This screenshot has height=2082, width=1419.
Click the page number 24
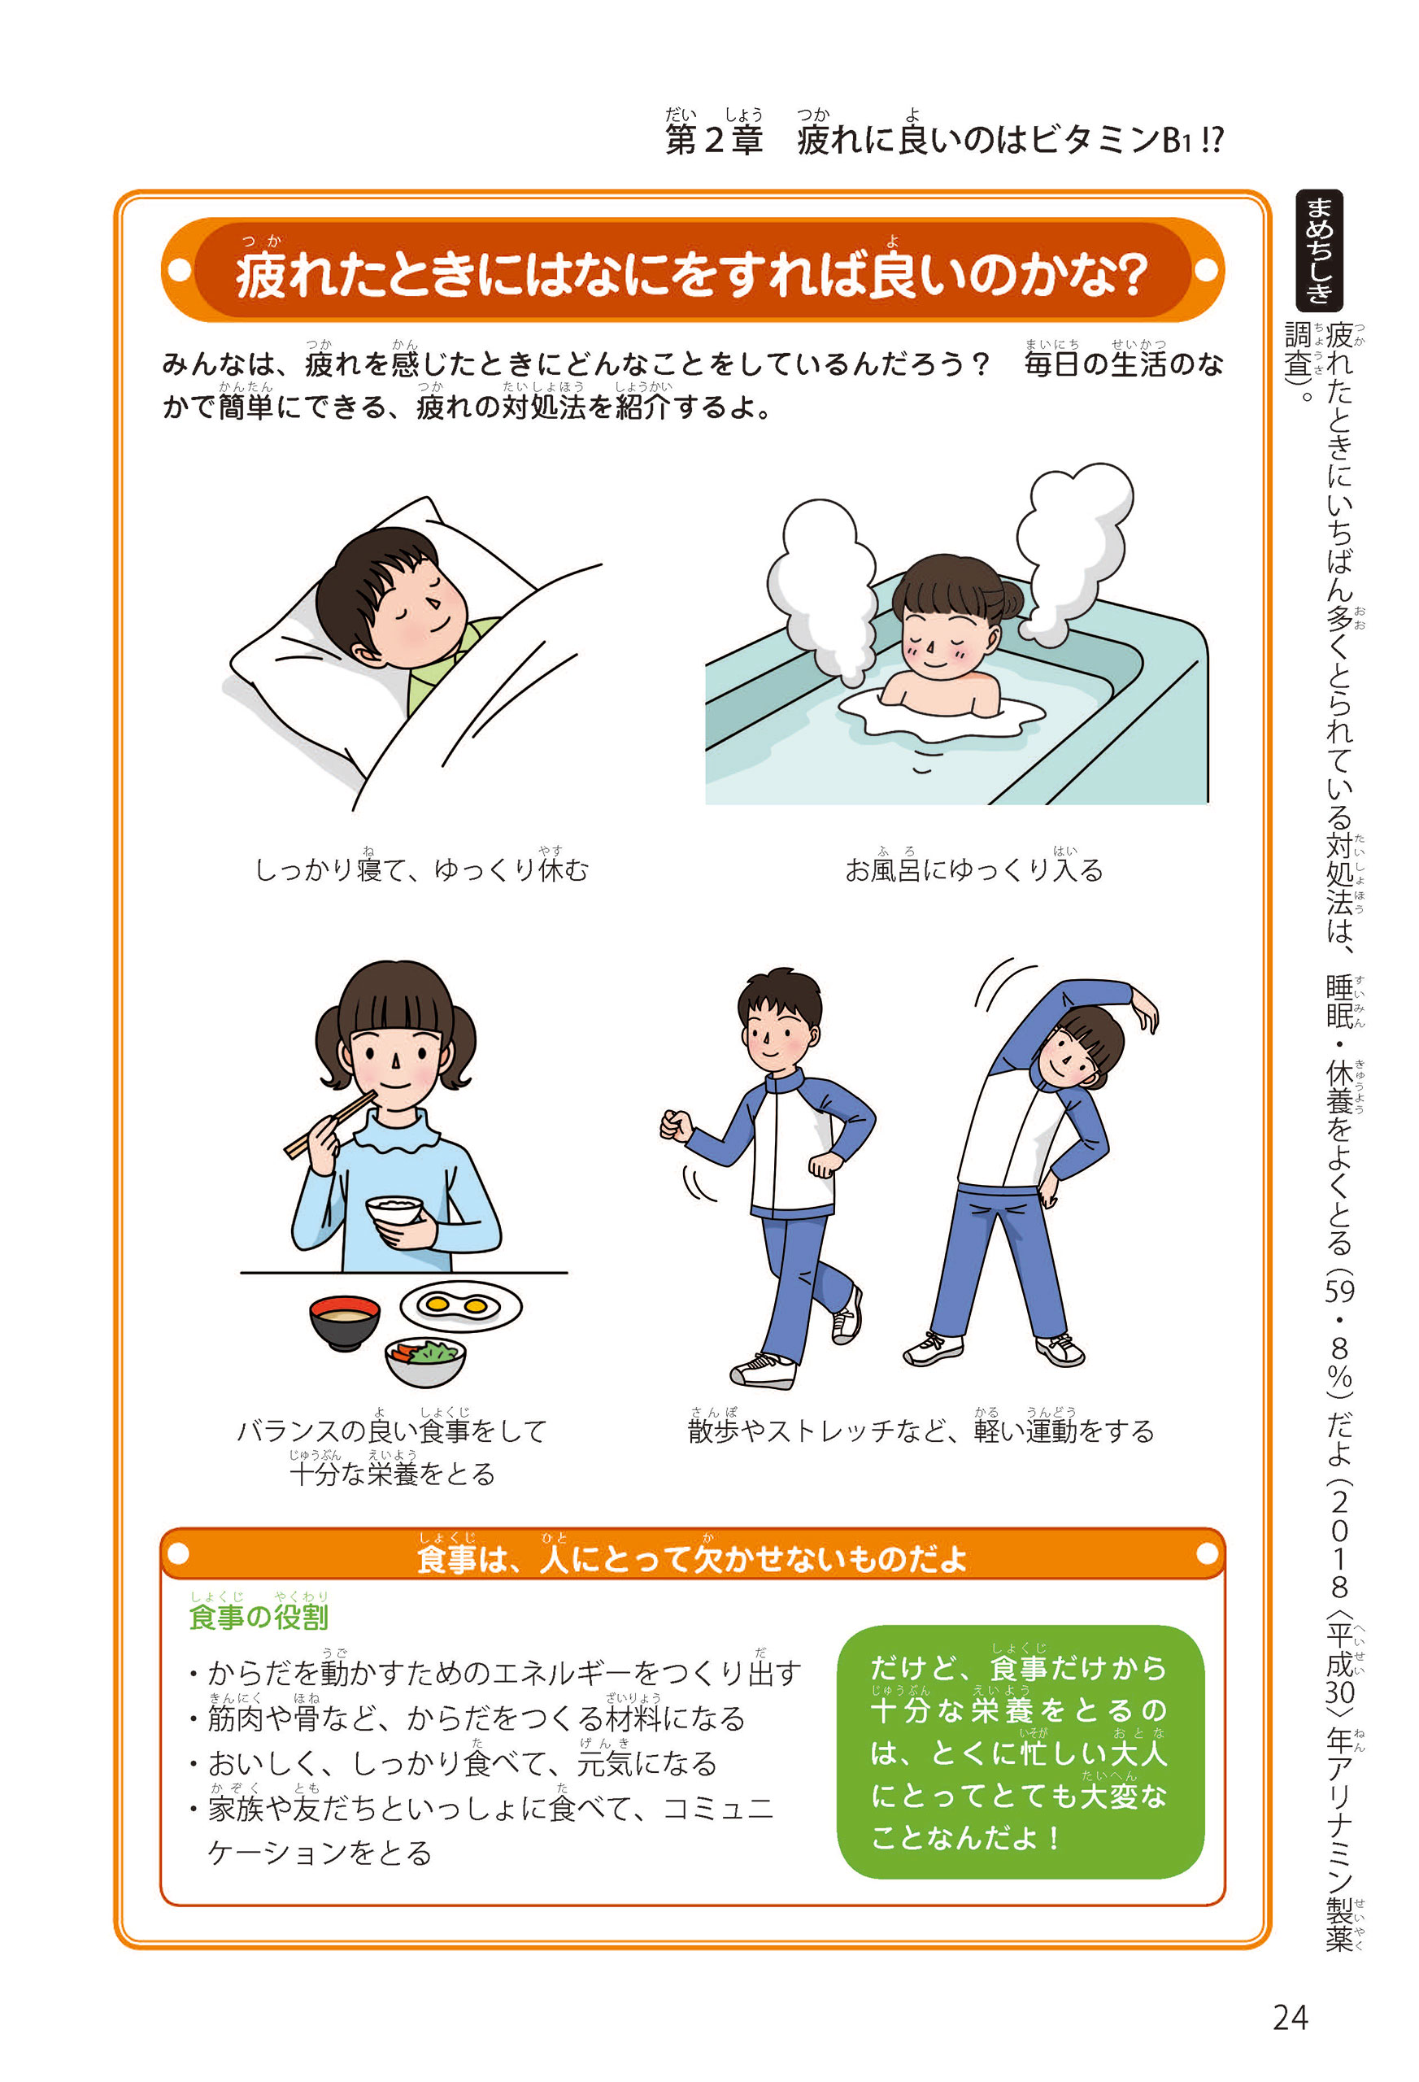coord(1290,2018)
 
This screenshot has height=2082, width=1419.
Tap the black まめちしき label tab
coord(1319,250)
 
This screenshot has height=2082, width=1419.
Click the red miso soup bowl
coord(344,1322)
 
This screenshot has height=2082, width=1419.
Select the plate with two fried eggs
coord(460,1305)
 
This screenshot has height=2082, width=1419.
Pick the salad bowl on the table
coord(425,1361)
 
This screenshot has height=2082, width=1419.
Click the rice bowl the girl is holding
coord(394,1212)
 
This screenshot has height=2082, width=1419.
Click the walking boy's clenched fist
coord(677,1126)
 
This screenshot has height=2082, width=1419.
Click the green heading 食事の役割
coord(258,1616)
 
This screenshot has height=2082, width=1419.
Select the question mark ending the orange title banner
coord(1131,274)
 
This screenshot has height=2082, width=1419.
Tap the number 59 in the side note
coord(1339,1291)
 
